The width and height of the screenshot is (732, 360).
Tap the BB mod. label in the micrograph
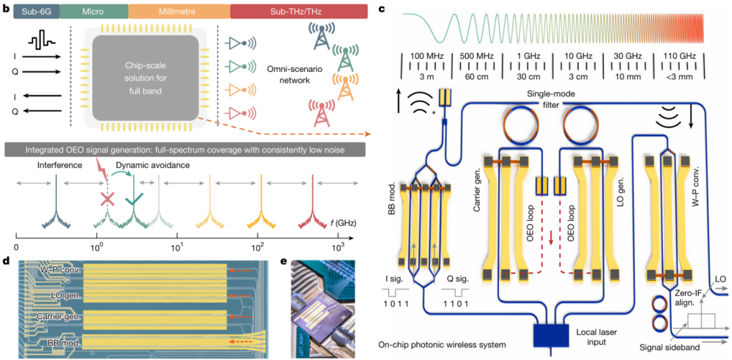click(60, 344)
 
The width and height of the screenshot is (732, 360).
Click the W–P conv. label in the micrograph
click(61, 272)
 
